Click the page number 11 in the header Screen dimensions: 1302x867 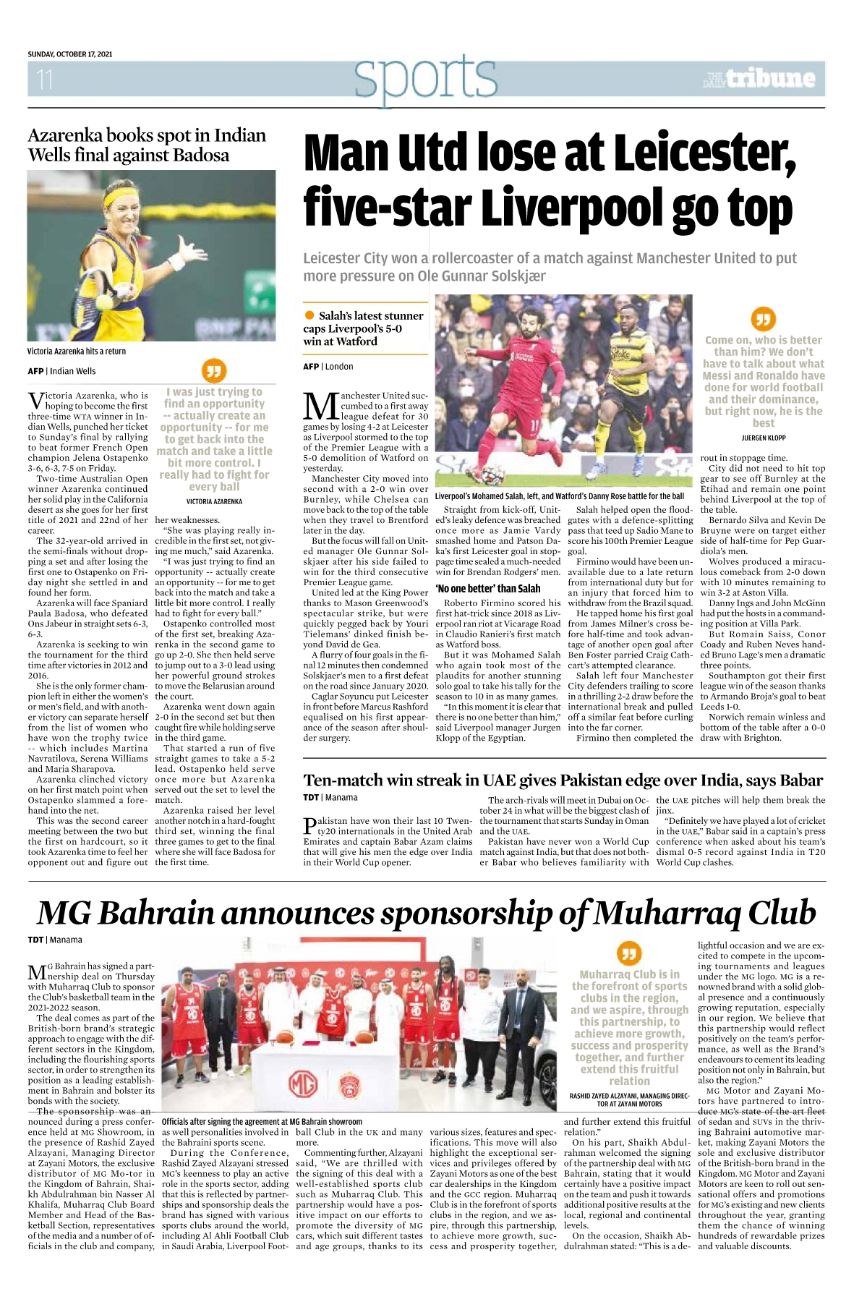point(45,79)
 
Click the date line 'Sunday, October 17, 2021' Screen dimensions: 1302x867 point(70,54)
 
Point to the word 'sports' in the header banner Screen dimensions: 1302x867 point(426,78)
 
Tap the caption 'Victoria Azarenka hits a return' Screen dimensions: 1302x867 point(77,352)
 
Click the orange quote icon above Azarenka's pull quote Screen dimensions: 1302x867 point(213,371)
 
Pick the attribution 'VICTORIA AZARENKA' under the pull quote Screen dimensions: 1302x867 point(214,501)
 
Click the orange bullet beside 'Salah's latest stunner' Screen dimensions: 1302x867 point(309,315)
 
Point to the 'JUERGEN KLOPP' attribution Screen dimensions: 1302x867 point(763,438)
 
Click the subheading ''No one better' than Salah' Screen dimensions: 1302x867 point(488,588)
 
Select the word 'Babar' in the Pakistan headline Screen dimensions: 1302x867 point(799,780)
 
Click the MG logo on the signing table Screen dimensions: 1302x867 point(304,1084)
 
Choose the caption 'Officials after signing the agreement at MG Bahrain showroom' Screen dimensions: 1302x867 point(262,1121)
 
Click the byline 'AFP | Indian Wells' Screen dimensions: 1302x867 point(62,371)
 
